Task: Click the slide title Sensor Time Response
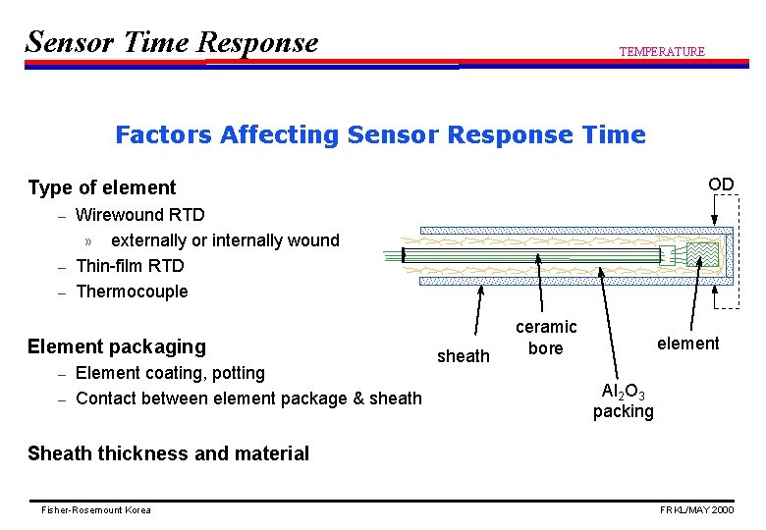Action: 172,42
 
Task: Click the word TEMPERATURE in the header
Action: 661,51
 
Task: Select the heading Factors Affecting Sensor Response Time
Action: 380,134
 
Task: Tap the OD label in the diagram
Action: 721,185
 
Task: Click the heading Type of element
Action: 101,187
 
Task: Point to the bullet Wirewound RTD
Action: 139,214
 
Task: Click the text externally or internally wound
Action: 225,240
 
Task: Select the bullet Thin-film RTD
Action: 130,266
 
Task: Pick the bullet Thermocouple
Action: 132,291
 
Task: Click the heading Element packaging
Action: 117,346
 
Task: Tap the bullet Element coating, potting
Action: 170,373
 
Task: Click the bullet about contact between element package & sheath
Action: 248,398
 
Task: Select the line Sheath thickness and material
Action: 168,453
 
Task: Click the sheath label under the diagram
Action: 463,356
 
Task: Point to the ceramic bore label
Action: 546,337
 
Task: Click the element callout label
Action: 687,344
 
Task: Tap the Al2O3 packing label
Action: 623,400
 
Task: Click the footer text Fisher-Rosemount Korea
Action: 96,510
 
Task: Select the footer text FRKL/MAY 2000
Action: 696,510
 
